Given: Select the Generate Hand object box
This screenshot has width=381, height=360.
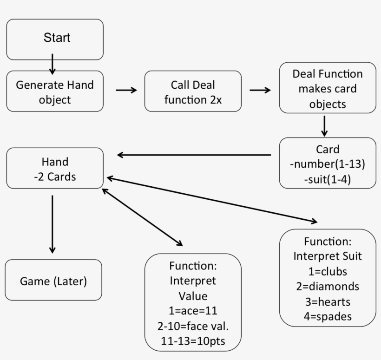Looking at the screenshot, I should [55, 92].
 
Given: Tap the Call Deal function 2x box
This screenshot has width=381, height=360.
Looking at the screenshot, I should [193, 92].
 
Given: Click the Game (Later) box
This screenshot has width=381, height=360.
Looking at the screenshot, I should [53, 281].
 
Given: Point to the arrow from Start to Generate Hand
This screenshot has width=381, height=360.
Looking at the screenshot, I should [53, 64].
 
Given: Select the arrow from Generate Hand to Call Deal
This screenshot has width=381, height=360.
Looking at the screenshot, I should [126, 90].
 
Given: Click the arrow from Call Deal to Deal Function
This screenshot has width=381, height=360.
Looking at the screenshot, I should [260, 90].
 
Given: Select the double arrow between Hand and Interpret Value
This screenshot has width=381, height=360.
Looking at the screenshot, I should [142, 216].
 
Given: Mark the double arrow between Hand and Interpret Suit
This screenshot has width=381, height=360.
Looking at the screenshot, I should [211, 199].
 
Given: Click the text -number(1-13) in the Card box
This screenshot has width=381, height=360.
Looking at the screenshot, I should [327, 164].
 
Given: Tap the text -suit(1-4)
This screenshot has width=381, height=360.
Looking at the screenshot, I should [327, 179].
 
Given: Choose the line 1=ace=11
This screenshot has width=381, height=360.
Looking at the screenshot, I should [193, 310].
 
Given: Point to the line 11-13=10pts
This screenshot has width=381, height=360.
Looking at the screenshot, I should [193, 340].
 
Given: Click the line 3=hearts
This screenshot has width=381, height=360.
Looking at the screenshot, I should [327, 301].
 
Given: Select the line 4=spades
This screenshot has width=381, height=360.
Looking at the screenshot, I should [327, 316].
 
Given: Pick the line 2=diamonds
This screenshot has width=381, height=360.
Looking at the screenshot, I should [327, 286].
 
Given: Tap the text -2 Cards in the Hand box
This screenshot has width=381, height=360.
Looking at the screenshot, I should [55, 177].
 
